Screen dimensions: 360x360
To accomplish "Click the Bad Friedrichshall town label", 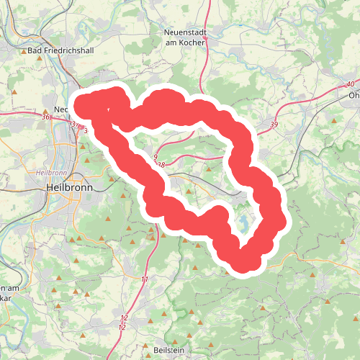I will tap(56, 51).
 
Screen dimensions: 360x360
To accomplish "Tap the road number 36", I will tap(45, 117).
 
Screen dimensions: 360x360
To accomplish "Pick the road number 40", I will tap(350, 84).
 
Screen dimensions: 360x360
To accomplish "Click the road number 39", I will tap(274, 125).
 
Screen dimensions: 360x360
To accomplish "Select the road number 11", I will tap(145, 279).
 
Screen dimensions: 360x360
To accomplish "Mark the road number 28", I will tap(161, 165).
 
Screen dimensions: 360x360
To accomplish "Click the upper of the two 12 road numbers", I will tap(124, 318).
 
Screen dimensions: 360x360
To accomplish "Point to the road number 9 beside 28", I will tap(155, 156).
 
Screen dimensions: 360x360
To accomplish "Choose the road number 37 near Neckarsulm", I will tap(74, 124).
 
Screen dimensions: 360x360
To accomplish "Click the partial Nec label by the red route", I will tap(60, 109).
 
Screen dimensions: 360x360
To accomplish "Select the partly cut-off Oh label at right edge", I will tap(353, 95).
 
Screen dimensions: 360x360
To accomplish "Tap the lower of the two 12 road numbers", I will tap(122, 328).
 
